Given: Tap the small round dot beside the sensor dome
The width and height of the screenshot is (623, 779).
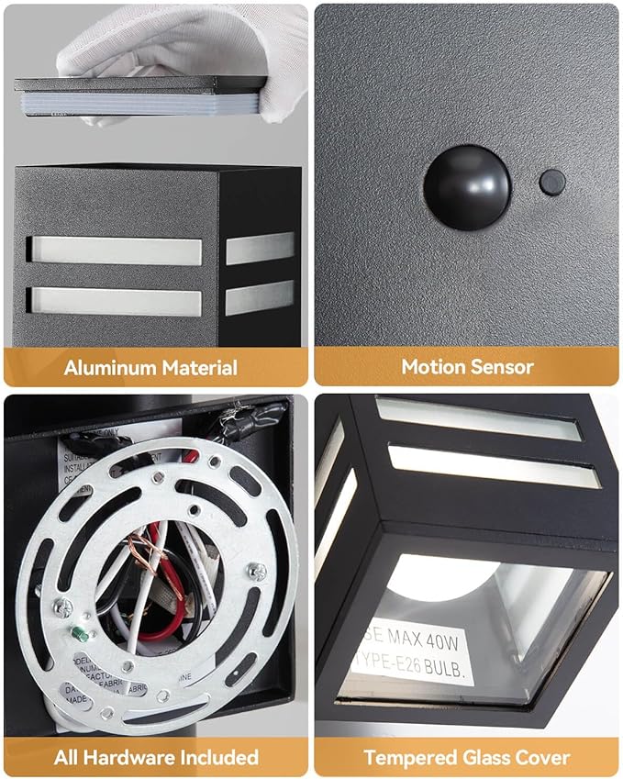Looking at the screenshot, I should pyautogui.click(x=551, y=182).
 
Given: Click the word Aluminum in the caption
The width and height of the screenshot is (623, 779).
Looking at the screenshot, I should pyautogui.click(x=109, y=369).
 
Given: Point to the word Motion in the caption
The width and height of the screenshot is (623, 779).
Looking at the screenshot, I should pyautogui.click(x=432, y=367).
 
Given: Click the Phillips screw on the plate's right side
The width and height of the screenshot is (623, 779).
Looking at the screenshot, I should pyautogui.click(x=259, y=571).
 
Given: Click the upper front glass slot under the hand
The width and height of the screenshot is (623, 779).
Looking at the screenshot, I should pyautogui.click(x=115, y=250).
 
